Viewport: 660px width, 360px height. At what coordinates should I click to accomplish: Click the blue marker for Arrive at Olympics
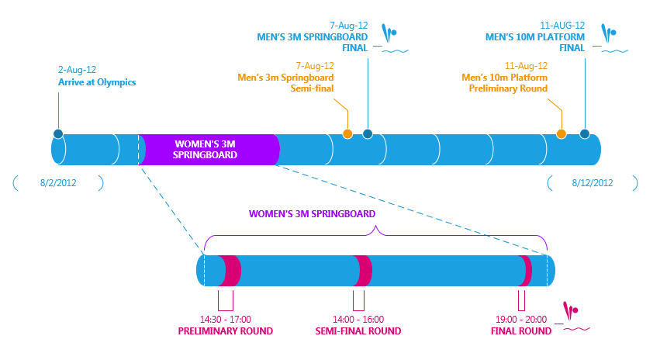pyautogui.click(x=58, y=134)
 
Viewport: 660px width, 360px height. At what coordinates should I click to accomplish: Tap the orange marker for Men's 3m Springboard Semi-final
pyautogui.click(x=347, y=134)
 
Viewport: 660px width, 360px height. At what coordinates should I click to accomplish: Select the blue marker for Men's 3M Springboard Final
pyautogui.click(x=368, y=134)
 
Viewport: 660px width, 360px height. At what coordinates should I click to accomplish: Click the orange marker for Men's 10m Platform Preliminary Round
pyautogui.click(x=561, y=134)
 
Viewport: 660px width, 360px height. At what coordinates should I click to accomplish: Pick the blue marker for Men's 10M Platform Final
pyautogui.click(x=584, y=134)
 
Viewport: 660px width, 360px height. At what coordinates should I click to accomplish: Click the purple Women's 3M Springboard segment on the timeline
pyautogui.click(x=208, y=150)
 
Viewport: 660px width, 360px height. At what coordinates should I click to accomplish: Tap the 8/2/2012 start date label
pyautogui.click(x=58, y=183)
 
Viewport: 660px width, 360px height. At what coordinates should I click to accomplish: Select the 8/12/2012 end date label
pyautogui.click(x=593, y=183)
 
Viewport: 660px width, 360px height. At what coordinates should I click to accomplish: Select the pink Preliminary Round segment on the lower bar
pyautogui.click(x=230, y=271)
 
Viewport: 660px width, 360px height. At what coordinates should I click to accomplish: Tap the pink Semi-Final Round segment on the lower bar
pyautogui.click(x=363, y=271)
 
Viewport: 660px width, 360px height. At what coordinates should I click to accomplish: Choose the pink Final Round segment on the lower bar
pyautogui.click(x=527, y=271)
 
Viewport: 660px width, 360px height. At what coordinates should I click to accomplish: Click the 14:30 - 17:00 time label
pyautogui.click(x=226, y=319)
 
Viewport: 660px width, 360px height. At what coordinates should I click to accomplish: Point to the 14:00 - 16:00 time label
pyautogui.click(x=358, y=319)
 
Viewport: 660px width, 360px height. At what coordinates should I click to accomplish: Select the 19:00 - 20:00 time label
pyautogui.click(x=521, y=319)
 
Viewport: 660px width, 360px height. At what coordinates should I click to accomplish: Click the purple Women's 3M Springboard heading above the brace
pyautogui.click(x=312, y=213)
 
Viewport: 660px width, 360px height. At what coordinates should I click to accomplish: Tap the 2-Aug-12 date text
pyautogui.click(x=77, y=69)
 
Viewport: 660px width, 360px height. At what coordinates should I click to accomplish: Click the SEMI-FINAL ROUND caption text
pyautogui.click(x=358, y=331)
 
